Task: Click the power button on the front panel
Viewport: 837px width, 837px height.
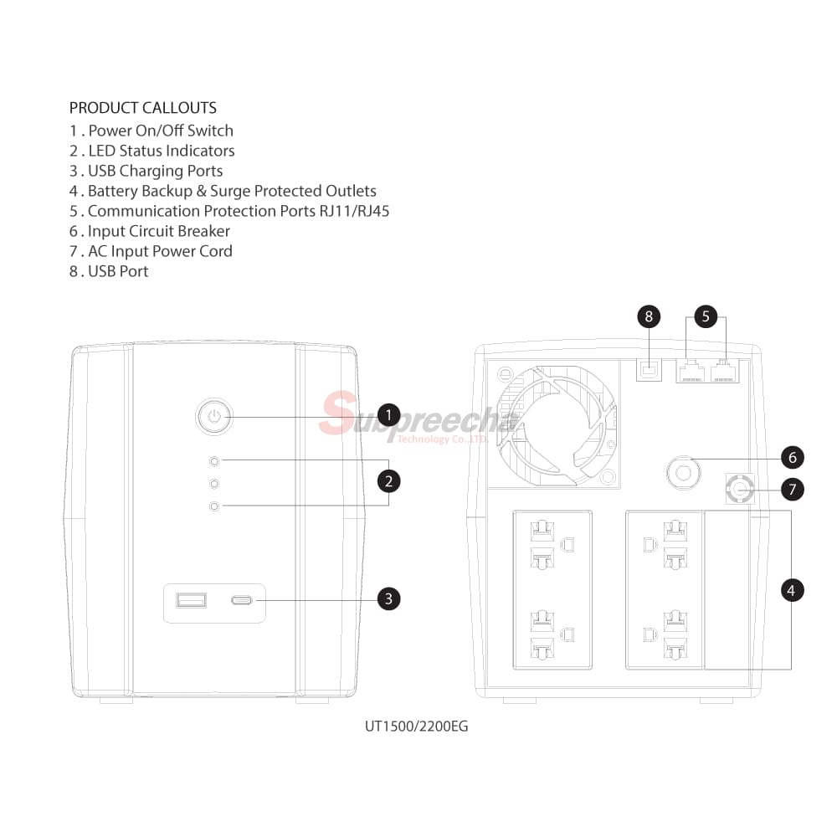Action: (x=214, y=416)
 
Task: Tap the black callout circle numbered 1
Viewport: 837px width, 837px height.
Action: (x=388, y=415)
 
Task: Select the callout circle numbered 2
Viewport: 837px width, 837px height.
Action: (x=388, y=481)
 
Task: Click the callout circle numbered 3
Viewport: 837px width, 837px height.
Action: (x=388, y=598)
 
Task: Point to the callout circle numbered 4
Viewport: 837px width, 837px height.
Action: (x=791, y=590)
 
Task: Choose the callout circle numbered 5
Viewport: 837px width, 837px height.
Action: (x=706, y=316)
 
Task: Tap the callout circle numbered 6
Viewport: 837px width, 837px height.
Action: (x=791, y=457)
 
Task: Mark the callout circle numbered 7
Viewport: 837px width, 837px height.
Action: (x=791, y=489)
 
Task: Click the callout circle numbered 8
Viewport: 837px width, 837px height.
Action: (x=648, y=316)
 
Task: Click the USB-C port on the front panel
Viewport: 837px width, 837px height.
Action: (x=243, y=600)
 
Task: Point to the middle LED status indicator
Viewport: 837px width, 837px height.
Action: (x=215, y=484)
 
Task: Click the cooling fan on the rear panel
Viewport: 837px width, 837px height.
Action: (x=557, y=424)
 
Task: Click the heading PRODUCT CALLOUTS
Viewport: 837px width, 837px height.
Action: (x=142, y=108)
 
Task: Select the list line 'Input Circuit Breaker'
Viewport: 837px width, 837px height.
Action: (x=149, y=231)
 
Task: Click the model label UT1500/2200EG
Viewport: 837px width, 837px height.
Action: (x=416, y=726)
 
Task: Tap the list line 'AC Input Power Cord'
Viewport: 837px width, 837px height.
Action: (x=151, y=251)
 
